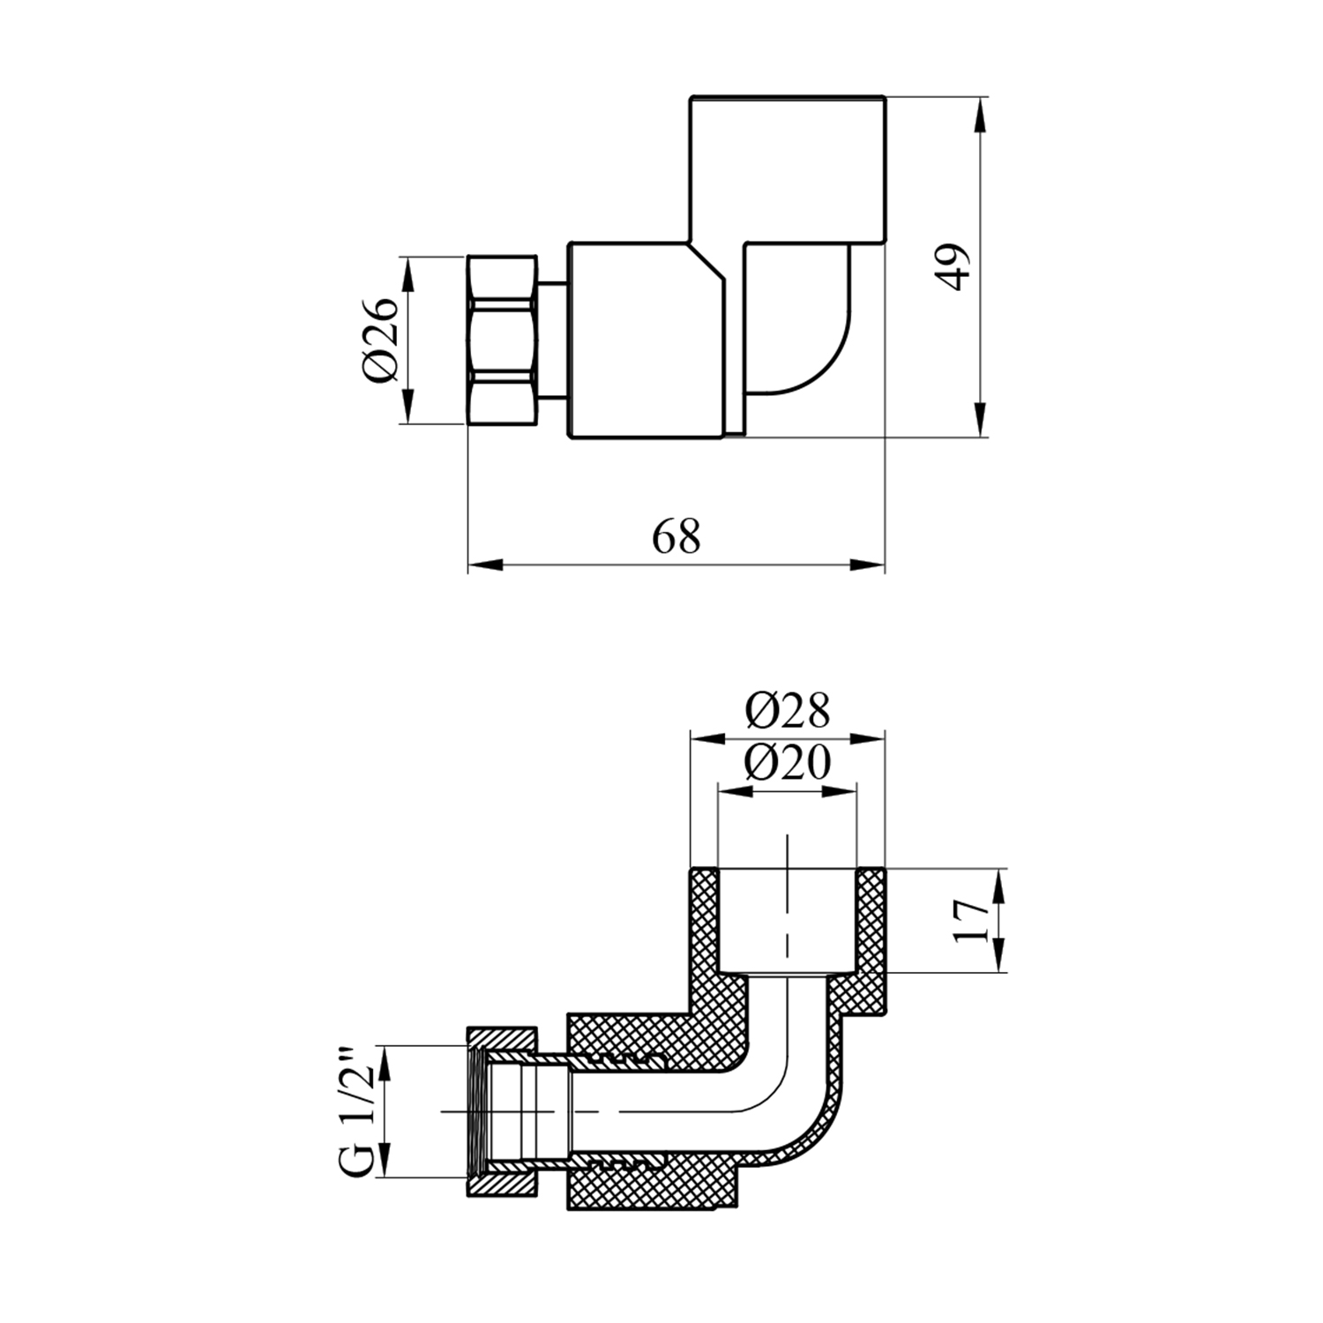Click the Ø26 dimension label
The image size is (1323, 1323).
coord(380,340)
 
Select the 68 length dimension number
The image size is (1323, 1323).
coord(676,536)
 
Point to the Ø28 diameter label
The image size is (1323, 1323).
coord(787,710)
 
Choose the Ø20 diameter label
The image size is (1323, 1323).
coord(787,762)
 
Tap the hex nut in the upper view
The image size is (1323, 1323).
coord(502,340)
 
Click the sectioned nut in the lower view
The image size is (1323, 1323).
coord(502,1111)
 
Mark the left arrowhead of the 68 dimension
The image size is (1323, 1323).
coord(484,565)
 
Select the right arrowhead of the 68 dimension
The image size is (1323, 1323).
coord(867,565)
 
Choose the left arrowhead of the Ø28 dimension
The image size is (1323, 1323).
coord(706,738)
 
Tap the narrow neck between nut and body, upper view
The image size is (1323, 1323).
coord(552,340)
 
